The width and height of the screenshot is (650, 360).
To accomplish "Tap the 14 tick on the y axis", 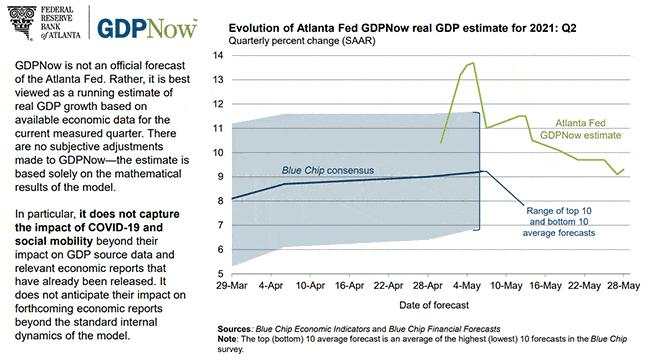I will [x=219, y=55].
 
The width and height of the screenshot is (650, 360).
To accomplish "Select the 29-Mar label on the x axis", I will [x=232, y=286].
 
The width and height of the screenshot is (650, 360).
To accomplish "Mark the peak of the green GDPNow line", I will [x=470, y=63].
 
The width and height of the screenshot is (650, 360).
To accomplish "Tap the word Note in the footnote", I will [x=229, y=338].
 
